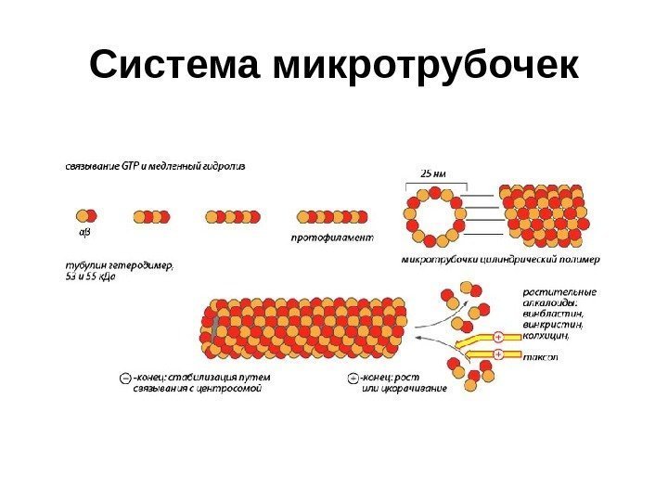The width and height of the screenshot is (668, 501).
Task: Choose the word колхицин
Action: click(x=547, y=336)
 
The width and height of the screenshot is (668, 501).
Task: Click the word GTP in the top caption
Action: click(x=128, y=167)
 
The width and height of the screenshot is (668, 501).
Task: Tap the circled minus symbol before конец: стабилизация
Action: click(x=125, y=378)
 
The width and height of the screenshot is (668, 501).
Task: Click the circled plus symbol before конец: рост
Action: click(x=353, y=378)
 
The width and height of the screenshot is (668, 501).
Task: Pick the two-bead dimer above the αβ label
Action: click(x=84, y=216)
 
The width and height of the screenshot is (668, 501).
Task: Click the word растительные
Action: click(x=559, y=292)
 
